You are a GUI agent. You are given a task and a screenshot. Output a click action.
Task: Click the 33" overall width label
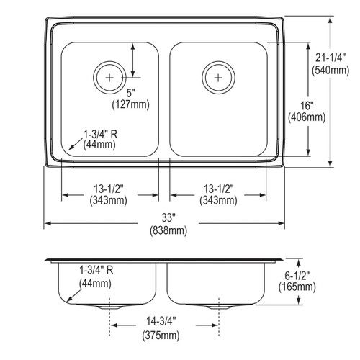[x=168, y=218]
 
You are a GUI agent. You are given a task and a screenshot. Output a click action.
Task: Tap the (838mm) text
[x=168, y=231]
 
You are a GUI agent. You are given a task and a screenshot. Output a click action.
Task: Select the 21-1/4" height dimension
[x=330, y=58]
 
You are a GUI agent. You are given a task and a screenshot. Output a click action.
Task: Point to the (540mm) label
[x=330, y=71]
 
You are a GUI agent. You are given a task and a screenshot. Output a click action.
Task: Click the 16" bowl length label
[x=307, y=106]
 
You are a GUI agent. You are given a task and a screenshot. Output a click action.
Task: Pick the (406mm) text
[x=307, y=117]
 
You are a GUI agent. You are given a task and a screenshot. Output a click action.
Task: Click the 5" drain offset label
[x=131, y=93]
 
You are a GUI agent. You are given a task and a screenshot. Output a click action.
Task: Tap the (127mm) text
[x=131, y=104]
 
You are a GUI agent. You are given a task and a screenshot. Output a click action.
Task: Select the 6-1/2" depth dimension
[x=297, y=276]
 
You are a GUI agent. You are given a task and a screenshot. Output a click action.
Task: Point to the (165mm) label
[x=297, y=287]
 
